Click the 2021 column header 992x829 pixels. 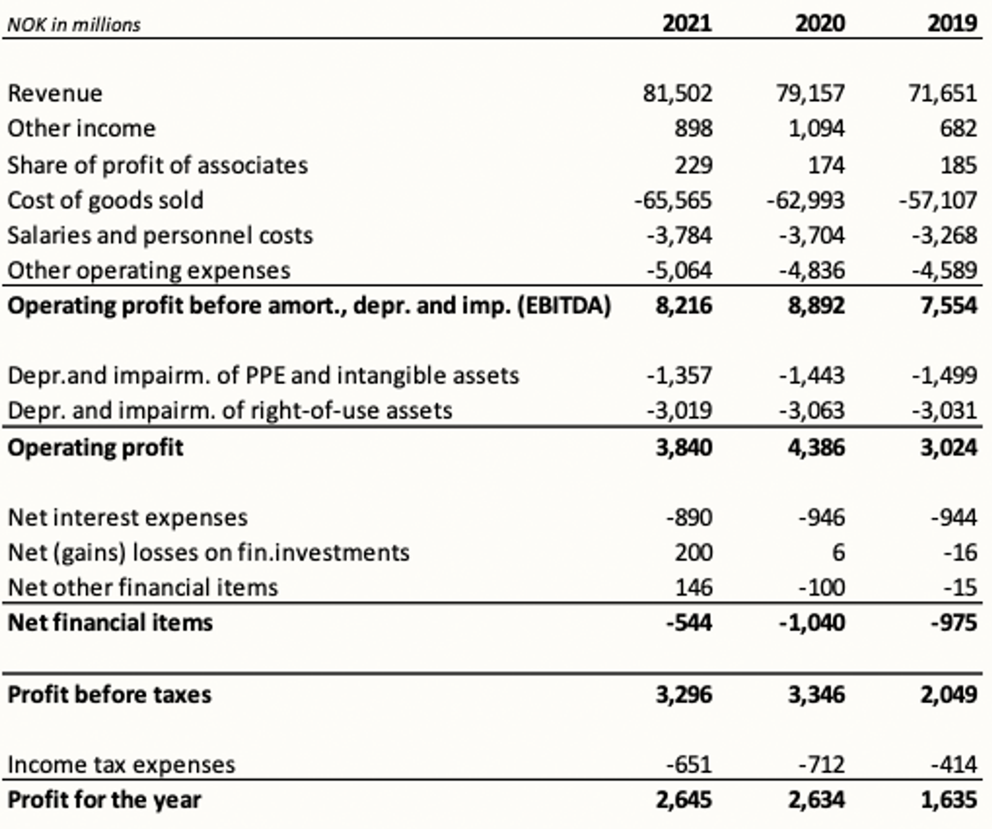[x=687, y=23]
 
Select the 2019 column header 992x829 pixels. [x=952, y=23]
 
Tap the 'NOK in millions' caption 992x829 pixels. [x=74, y=25]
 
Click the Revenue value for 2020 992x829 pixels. [x=811, y=93]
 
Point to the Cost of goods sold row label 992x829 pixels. [x=106, y=200]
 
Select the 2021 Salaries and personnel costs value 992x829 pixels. [x=680, y=235]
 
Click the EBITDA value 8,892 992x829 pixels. [x=816, y=305]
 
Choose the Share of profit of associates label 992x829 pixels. [x=157, y=165]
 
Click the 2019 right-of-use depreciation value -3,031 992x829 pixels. [x=945, y=411]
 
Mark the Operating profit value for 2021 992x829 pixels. [x=684, y=447]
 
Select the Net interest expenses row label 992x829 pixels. [x=128, y=517]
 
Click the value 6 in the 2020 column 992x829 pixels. [x=838, y=552]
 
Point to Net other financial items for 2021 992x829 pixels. [x=694, y=588]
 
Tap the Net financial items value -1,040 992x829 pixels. [x=812, y=623]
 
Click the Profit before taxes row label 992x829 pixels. [x=109, y=694]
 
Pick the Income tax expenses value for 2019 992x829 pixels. [x=954, y=765]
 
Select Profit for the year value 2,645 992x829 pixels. [x=684, y=800]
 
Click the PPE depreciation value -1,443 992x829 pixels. [x=812, y=375]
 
